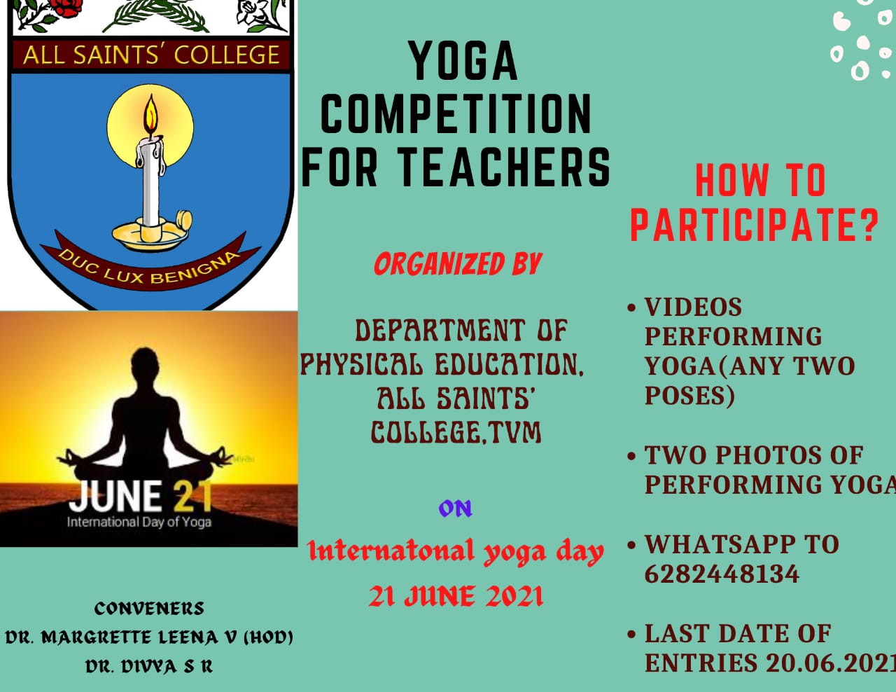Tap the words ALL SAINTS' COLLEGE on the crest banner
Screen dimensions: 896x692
[x=151, y=55]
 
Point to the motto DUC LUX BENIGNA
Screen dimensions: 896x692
[x=149, y=268]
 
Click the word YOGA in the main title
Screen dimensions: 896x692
[x=463, y=61]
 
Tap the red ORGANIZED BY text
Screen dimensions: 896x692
[x=458, y=263]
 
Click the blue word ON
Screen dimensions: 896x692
[x=456, y=508]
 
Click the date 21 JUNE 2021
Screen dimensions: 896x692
[x=456, y=596]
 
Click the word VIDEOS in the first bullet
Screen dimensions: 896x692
[x=693, y=307]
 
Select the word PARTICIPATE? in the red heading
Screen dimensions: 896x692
[x=755, y=225]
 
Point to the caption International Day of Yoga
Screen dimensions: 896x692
[x=139, y=522]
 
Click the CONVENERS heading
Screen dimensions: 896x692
[x=149, y=609]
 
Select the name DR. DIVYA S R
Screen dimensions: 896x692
[x=149, y=666]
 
